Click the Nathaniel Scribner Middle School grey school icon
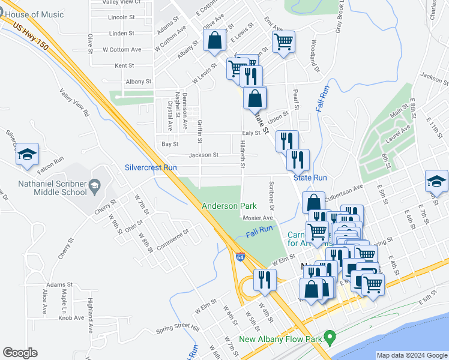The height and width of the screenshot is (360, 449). tap(95, 188)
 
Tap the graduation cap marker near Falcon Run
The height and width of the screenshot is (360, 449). tap(27, 155)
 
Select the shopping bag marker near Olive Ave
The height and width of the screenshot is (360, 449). tap(214, 41)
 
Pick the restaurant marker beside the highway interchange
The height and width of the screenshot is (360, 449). tap(265, 279)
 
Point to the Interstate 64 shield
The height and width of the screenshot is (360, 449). tap(240, 257)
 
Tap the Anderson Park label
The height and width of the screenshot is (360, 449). tap(229, 206)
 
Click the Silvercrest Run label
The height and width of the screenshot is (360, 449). tap(151, 168)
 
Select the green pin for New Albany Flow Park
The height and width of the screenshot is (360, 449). tap(329, 338)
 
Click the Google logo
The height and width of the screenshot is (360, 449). tap(20, 353)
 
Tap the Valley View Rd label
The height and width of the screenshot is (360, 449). tap(74, 103)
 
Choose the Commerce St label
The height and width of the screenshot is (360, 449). tap(172, 239)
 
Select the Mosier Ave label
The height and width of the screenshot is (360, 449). tap(259, 218)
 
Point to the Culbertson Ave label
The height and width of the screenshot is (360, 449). tap(344, 193)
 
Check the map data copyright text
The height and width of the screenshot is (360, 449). tap(412, 355)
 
